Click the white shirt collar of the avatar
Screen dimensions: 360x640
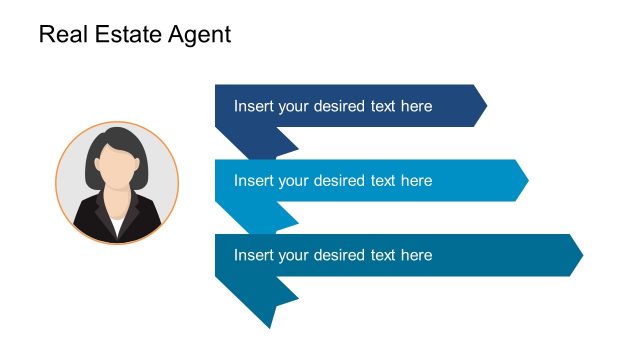tap(118, 224)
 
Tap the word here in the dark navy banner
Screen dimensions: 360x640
tap(415, 106)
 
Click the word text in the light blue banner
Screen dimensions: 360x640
tap(383, 181)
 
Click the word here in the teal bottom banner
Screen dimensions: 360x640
tap(415, 255)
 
